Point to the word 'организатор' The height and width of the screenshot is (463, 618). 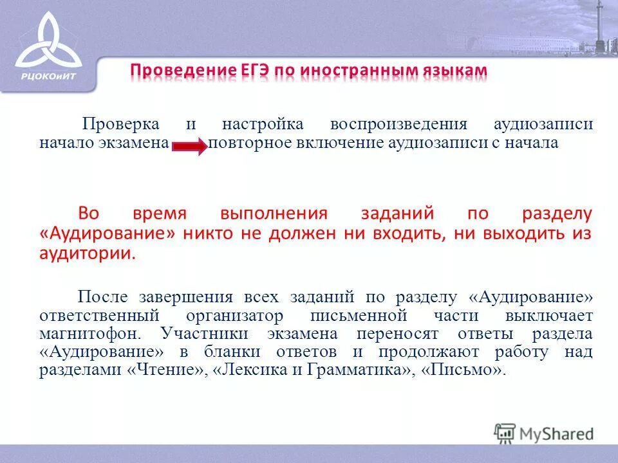click(234, 316)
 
